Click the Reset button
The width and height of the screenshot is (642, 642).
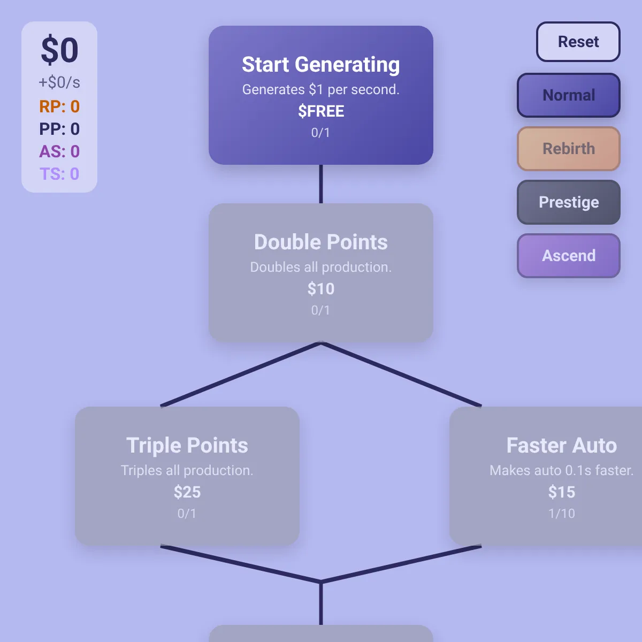pos(578,42)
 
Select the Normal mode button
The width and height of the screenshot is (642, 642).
pos(568,95)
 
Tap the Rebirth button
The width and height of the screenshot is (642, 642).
pos(568,149)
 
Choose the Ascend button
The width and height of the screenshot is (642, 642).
pos(568,256)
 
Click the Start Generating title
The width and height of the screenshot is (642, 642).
pos(321,64)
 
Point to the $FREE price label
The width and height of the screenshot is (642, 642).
pos(321,111)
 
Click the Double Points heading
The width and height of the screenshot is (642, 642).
pos(321,242)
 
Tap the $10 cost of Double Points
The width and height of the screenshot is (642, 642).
pos(321,288)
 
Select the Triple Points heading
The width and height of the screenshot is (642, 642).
pos(187,446)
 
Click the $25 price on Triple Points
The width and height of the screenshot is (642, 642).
pos(187,492)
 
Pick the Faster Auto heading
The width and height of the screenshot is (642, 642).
pos(561,446)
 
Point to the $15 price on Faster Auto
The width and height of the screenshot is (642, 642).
pos(561,492)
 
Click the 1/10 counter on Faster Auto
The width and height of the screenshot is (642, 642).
pos(561,514)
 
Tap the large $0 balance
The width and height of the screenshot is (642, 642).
pos(59,50)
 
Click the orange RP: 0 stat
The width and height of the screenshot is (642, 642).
pos(59,106)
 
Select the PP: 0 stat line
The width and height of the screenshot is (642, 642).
pos(59,129)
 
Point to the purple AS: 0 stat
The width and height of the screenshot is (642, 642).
pos(59,151)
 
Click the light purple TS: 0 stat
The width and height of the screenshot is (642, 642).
pos(59,174)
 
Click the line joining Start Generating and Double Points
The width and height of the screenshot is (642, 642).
pos(321,184)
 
